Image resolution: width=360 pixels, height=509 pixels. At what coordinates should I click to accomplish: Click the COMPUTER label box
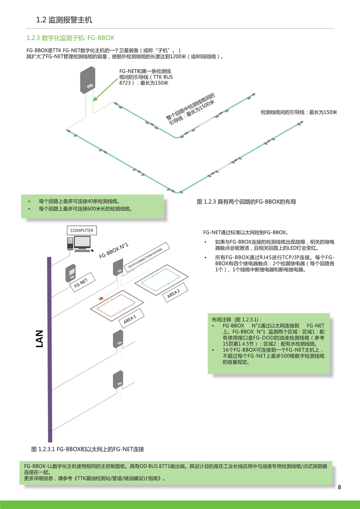(82, 230)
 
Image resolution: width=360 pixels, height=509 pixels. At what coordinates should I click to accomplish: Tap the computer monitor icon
(82, 243)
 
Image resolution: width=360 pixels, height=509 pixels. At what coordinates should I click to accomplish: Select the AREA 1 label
(131, 318)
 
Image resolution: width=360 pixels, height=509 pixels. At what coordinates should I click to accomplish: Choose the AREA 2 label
(175, 292)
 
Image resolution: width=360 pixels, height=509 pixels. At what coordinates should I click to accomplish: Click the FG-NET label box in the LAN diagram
(82, 283)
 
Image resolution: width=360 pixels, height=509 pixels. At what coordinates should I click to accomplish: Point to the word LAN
(39, 339)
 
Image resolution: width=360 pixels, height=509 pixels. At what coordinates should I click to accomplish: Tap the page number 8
(339, 487)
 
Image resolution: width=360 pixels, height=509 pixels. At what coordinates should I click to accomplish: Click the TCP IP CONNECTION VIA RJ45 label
(147, 257)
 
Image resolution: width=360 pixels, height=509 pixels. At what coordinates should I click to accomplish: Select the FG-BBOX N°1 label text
(114, 251)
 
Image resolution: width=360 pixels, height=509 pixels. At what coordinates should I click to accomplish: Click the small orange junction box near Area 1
(101, 298)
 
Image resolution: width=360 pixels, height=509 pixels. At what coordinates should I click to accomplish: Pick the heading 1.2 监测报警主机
(64, 20)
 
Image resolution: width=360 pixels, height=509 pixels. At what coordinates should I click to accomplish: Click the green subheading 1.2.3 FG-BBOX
(70, 38)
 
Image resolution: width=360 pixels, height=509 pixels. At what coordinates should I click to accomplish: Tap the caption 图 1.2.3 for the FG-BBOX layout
(246, 202)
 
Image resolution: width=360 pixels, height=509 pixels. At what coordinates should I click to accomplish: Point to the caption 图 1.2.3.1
(87, 449)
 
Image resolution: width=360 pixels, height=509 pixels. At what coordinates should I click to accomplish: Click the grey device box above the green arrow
(87, 80)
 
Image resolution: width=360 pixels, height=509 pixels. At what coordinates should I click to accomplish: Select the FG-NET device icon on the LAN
(71, 273)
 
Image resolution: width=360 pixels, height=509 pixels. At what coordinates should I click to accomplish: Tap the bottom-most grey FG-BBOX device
(118, 380)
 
